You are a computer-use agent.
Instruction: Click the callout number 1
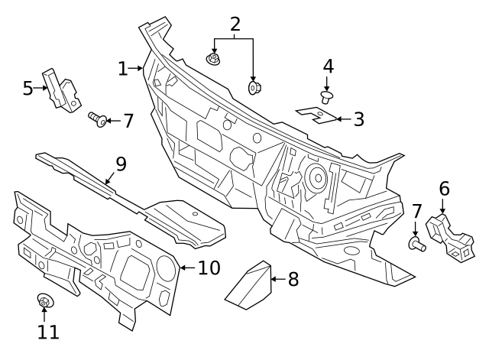123,69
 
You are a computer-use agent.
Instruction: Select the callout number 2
235,24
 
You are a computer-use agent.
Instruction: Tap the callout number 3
359,119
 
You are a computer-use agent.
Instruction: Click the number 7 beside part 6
417,211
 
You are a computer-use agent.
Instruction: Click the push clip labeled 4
327,97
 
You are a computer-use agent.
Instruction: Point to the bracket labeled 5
62,90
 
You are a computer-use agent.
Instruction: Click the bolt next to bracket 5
98,119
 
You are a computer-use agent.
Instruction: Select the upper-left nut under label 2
212,59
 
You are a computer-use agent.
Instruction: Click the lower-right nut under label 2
254,88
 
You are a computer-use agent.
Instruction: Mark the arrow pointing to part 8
278,279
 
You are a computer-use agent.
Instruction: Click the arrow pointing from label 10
187,268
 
